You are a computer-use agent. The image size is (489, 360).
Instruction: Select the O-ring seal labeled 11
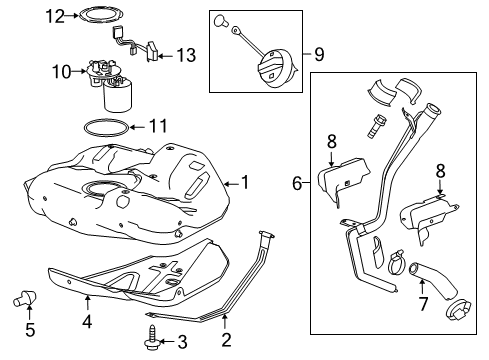[x=103, y=128]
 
